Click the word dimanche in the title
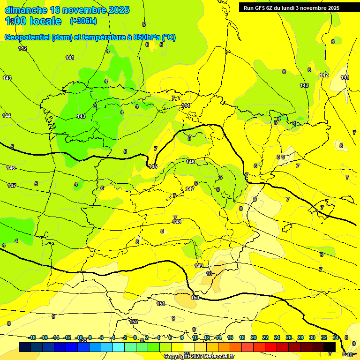[26, 10]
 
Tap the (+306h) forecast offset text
[83, 21]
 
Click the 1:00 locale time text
[33, 21]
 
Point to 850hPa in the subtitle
[143, 37]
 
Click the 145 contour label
[153, 166]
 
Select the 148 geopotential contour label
[177, 222]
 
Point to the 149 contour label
[199, 266]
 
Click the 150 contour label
[195, 298]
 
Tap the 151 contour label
[161, 304]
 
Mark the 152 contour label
[134, 322]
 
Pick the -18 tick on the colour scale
[32, 337]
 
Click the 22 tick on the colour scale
[265, 337]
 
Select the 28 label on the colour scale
[300, 337]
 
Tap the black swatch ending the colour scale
[330, 347]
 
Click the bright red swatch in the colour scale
[271, 347]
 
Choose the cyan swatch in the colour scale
[119, 347]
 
